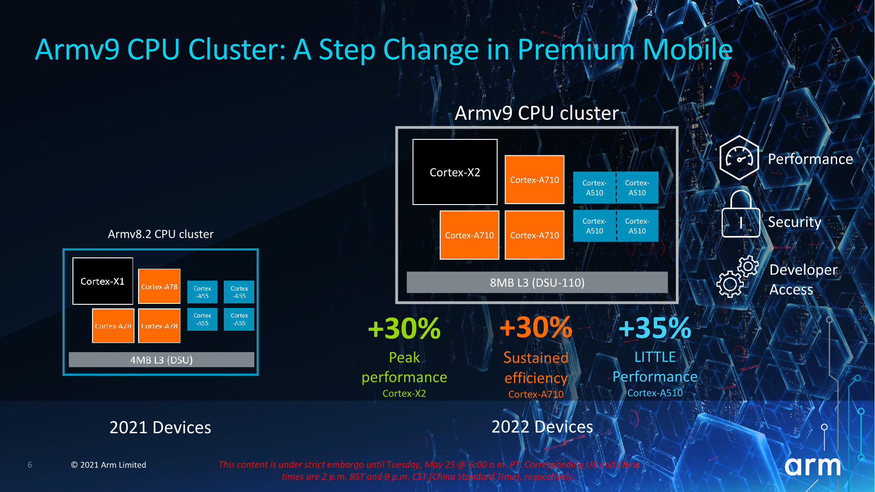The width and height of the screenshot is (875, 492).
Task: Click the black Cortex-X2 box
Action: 455,172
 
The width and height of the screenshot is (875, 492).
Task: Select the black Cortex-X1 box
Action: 103,281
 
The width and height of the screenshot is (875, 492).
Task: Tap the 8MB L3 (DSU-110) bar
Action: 537,282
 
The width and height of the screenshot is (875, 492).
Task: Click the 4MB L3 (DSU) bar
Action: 161,360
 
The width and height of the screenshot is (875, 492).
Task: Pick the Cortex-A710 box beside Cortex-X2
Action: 534,179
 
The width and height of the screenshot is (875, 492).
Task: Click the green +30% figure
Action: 404,328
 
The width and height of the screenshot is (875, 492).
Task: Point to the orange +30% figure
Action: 535,327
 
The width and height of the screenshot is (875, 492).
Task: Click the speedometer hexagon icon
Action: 739,158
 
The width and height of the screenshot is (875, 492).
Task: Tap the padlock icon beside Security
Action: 741,215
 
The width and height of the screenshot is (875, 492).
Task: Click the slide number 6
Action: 30,465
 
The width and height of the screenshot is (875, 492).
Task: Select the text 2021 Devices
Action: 160,427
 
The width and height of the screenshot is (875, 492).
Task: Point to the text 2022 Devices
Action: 542,427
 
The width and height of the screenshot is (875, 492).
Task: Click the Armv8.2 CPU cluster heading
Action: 160,234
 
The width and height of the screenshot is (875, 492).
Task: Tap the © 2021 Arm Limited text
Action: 108,465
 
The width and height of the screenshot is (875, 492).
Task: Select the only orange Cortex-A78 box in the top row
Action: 159,287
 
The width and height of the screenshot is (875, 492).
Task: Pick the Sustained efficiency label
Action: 535,368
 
